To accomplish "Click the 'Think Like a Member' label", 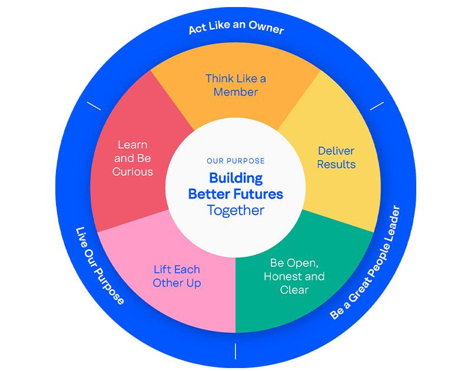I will coord(235,85).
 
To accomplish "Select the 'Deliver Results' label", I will coord(336,158).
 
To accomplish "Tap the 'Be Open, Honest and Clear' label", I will coord(294,276).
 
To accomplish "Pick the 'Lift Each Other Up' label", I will coord(177,276).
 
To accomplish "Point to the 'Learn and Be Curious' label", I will coord(132,158).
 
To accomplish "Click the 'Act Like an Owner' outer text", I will coord(236,28).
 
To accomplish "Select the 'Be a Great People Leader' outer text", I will coord(365,263).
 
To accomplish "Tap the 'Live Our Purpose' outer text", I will coord(100,266).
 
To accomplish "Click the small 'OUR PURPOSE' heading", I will coord(235,161).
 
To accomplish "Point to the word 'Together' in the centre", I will coord(235,210).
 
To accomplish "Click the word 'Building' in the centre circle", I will coord(235,178).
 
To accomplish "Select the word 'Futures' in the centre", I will coord(259,194).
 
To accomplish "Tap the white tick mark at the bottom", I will coord(235,351).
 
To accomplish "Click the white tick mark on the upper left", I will coord(94,106).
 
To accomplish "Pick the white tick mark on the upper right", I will coord(377,106).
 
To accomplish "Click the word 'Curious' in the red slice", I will coord(132,172).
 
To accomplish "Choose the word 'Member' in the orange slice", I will coord(235,92).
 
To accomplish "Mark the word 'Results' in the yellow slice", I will coord(336,165).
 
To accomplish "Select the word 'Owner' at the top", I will coord(265,29).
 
